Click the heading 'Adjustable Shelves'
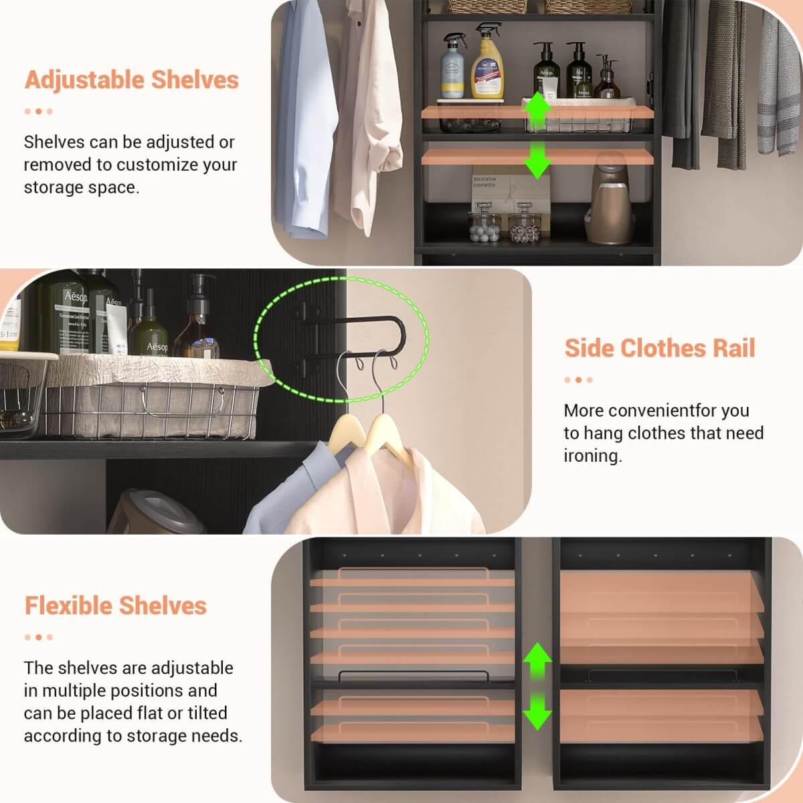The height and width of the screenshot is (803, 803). [131, 80]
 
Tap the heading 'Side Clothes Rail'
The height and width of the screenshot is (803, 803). [660, 348]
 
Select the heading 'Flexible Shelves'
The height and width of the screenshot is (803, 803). [115, 606]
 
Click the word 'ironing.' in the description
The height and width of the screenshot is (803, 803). [592, 456]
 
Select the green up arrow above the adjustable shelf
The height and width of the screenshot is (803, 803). [536, 107]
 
